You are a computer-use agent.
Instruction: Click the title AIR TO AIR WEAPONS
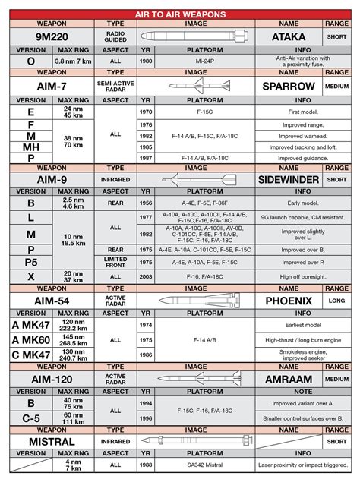tap(180, 14)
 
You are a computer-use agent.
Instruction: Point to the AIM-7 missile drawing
tap(195, 86)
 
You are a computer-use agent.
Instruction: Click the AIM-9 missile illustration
tap(195, 179)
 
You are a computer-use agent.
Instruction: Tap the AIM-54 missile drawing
tap(195, 300)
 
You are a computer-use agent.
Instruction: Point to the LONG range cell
tap(336, 300)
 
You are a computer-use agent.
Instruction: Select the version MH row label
tap(30, 147)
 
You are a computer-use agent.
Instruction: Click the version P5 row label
tap(30, 263)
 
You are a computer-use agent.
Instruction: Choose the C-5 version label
tap(30, 419)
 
